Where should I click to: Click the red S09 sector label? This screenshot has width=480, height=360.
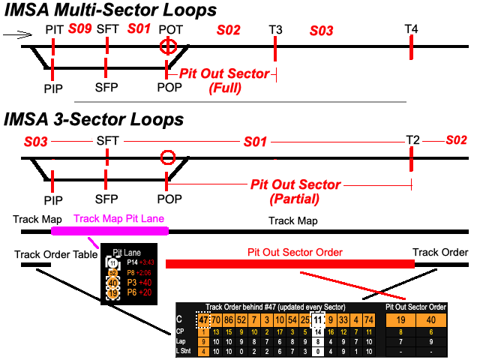pyautogui.click(x=79, y=29)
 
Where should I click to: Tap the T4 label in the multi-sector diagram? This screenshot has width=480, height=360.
pyautogui.click(x=411, y=28)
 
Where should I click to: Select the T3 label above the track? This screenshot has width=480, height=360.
pyautogui.click(x=276, y=29)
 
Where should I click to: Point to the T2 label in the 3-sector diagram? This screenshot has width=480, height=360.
pyautogui.click(x=412, y=140)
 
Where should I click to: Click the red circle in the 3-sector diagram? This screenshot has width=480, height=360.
pyautogui.click(x=168, y=157)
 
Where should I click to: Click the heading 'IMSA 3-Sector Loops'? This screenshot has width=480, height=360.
pyautogui.click(x=94, y=120)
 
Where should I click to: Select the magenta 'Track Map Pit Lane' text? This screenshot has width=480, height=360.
pyautogui.click(x=118, y=220)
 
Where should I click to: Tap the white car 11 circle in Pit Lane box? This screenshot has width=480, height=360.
pyautogui.click(x=113, y=262)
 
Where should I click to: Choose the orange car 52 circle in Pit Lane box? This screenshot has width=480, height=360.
pyautogui.click(x=113, y=273)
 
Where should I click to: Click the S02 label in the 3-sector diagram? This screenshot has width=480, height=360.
pyautogui.click(x=457, y=140)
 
